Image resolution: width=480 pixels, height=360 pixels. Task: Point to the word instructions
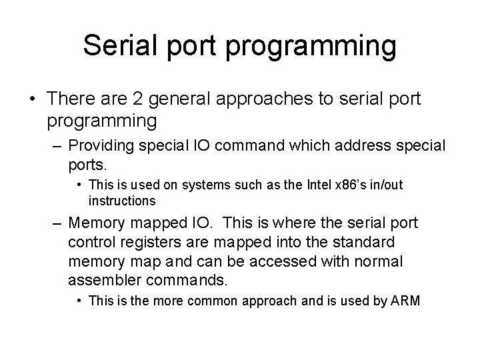[x=122, y=201]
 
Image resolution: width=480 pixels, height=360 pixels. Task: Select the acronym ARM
[x=405, y=301]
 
